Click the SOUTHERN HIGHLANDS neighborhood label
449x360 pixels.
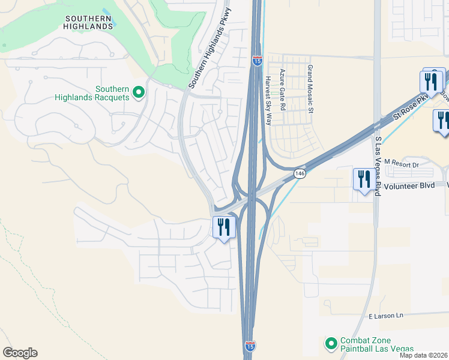click(88, 22)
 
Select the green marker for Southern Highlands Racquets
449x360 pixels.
click(139, 92)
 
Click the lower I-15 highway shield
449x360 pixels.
click(250, 347)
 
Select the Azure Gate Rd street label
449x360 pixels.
click(282, 88)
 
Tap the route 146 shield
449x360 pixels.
click(300, 173)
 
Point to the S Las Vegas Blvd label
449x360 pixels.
click(378, 166)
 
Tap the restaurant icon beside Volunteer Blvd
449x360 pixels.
click(363, 179)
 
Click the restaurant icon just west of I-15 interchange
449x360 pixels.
click(222, 227)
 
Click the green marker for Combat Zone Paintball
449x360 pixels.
click(331, 344)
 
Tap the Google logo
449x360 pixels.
click(20, 353)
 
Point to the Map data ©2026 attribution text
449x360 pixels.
click(424, 355)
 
